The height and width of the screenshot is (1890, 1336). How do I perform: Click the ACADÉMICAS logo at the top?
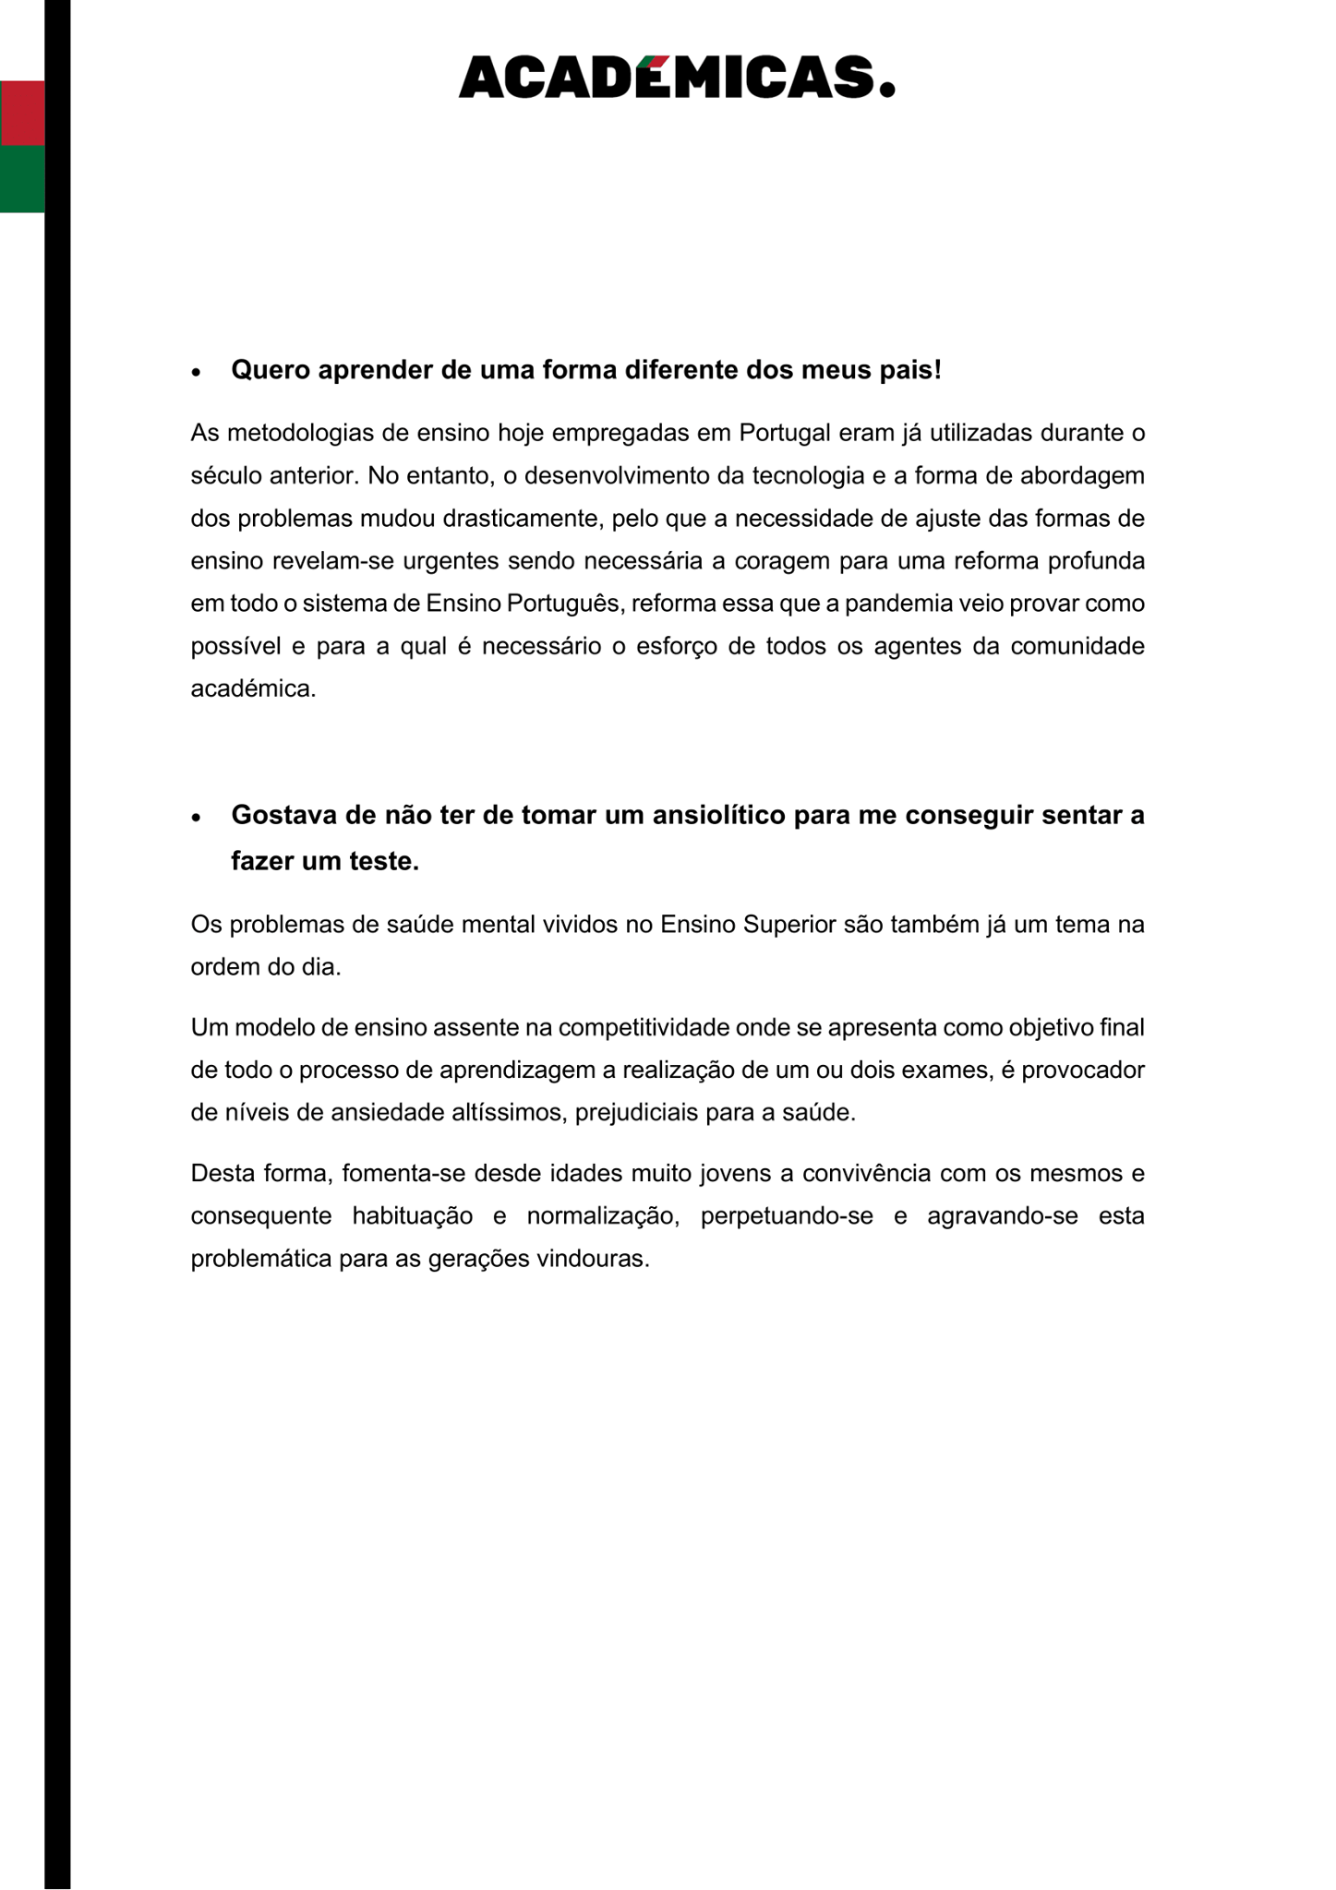click(676, 78)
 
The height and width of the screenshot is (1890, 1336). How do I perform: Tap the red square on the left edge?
click(22, 113)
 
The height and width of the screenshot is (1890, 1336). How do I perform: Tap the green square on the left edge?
click(22, 179)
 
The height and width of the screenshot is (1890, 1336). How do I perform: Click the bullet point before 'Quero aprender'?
click(196, 372)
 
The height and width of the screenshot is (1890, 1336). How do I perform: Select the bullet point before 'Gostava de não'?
click(196, 818)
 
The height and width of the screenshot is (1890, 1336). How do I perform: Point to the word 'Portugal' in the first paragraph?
click(784, 433)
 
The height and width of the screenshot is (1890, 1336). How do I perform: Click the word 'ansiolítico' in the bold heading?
click(710, 816)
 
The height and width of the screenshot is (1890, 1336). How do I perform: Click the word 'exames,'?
click(949, 1071)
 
